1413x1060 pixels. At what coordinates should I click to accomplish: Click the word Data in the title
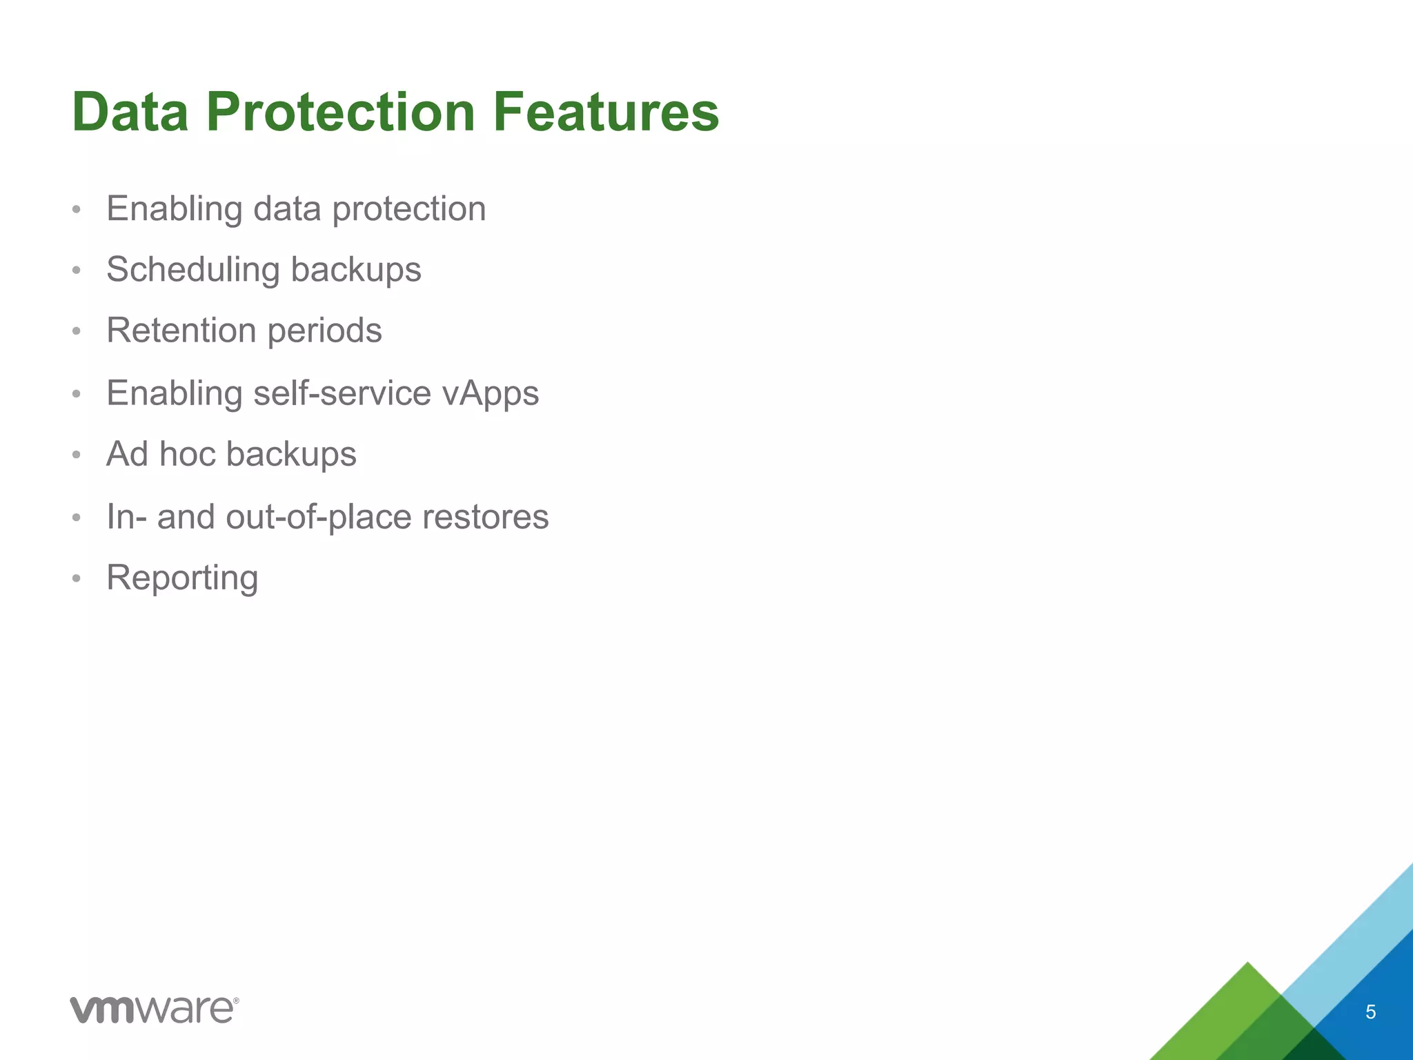coord(130,112)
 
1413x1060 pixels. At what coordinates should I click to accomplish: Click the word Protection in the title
coord(340,112)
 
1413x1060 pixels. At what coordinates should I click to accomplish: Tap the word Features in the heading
coord(605,112)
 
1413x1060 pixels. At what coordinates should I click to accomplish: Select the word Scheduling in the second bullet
coord(192,270)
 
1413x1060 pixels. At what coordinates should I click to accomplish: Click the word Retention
coord(181,330)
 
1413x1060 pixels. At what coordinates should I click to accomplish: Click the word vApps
coord(491,394)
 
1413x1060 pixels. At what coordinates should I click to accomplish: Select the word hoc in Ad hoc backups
coord(187,454)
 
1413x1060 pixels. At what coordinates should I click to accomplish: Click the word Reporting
coord(182,578)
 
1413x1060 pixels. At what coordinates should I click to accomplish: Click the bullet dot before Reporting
coord(77,578)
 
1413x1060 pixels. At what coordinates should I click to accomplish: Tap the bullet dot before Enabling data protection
coord(77,209)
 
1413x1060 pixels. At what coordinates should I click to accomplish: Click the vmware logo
coord(153,1010)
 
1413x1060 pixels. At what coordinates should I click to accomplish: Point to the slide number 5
coord(1370,1012)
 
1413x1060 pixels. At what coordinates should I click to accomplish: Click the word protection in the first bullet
coord(408,210)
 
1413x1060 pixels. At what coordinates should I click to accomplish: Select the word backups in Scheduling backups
coord(355,270)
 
